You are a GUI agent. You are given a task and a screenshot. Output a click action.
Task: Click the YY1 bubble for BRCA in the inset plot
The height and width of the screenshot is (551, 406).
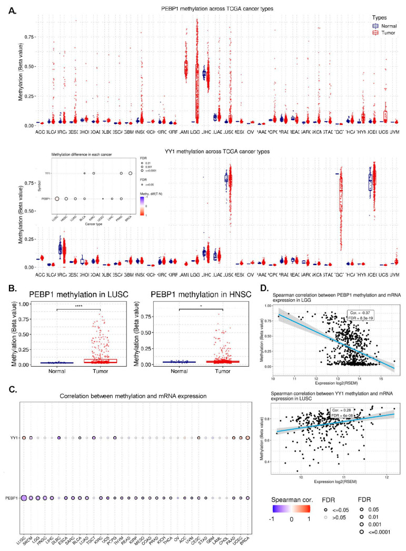tap(130, 173)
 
